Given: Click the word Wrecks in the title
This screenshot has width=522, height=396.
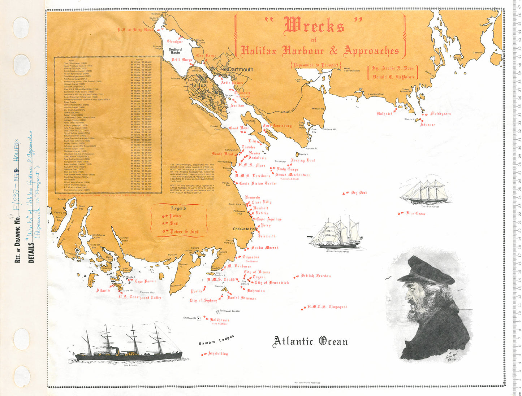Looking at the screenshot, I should (314, 26).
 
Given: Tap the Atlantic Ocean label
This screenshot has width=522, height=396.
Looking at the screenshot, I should (310, 341).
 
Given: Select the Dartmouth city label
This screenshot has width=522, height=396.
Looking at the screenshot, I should (240, 69).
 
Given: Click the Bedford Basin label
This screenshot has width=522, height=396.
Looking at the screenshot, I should (175, 51).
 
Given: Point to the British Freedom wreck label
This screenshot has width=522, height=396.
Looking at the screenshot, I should (316, 276).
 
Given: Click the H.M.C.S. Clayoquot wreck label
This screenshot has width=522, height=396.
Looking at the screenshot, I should (327, 307).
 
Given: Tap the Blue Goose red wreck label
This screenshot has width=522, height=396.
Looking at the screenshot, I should (415, 213).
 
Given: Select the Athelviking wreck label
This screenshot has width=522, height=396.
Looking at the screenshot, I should (218, 354).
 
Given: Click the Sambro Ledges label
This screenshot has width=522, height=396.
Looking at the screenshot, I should (216, 340).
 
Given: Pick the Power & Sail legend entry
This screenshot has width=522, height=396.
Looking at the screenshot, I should (184, 231).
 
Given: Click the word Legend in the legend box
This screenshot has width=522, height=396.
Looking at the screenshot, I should (178, 208).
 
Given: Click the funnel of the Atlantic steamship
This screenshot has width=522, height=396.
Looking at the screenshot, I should (117, 350).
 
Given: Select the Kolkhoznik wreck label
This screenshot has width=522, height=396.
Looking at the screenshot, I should (220, 320).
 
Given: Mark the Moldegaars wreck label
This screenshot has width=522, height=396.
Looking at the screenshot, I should (440, 113).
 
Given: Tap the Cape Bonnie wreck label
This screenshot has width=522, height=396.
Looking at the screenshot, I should (145, 281).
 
